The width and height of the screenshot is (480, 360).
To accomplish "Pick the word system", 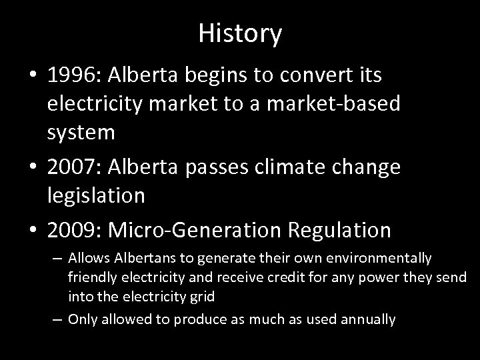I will click(x=81, y=132).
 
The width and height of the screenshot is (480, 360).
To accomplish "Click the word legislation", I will click(x=97, y=195).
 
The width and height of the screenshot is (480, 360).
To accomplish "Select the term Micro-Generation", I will click(x=197, y=230).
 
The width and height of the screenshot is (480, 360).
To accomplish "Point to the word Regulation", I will click(x=339, y=230).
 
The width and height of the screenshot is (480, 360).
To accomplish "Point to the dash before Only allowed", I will click(x=57, y=319).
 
